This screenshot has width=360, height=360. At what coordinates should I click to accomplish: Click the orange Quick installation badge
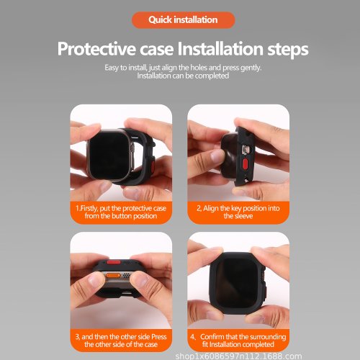coord(183,20)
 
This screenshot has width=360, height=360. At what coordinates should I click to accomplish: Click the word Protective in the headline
coord(96,49)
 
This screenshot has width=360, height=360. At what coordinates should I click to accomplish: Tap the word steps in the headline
coord(288,50)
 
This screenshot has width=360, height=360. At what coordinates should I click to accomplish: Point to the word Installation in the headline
coord(220,48)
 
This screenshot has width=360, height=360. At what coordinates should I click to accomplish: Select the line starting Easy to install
coord(183,68)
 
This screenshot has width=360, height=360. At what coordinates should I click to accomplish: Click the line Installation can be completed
coord(183,76)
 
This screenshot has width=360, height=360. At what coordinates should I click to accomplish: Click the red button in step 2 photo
coord(246,163)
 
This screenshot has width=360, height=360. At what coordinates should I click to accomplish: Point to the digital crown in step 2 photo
coord(246,150)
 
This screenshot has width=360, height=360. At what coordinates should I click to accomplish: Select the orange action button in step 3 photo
coord(113,275)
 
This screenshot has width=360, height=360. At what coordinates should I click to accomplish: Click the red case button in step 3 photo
coord(114,261)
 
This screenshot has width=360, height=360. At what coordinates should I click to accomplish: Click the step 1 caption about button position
coord(121,212)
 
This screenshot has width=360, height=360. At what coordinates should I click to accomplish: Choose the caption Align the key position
coord(238,212)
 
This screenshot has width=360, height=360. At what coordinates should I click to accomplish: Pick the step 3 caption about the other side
coord(121,341)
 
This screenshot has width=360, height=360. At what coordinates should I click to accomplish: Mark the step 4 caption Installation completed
coord(238,341)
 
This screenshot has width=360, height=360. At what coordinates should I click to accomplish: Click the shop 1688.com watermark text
coord(238,356)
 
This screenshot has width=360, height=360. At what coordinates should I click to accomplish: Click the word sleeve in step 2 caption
coord(243,216)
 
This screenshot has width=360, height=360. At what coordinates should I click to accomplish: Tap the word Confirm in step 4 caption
coord(212,337)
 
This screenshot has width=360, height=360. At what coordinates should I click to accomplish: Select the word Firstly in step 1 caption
coord(89,209)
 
